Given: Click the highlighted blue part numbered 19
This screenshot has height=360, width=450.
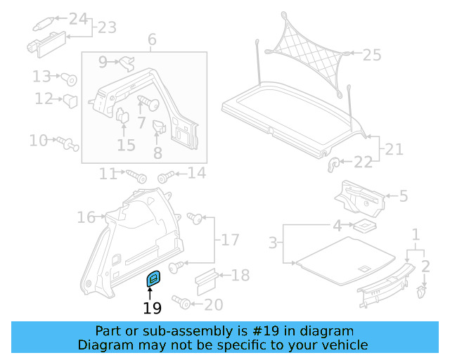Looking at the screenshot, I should (153, 278).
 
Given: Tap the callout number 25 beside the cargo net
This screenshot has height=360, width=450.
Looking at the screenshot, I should (371, 53).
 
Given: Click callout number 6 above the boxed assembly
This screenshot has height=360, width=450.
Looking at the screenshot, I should (152, 40).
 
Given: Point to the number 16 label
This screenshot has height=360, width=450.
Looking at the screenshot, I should (86, 218).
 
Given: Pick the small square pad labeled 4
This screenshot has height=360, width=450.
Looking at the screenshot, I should (364, 226).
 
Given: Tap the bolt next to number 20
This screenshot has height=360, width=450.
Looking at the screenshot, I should (182, 304).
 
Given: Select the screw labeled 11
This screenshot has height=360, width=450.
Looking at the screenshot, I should (134, 174).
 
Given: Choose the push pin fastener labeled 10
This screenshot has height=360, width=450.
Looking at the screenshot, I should (68, 143).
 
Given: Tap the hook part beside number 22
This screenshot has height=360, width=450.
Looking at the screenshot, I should (335, 163).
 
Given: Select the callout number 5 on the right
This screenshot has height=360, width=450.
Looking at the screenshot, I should (404, 196).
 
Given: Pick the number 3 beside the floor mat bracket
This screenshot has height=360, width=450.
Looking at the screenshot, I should (273, 243).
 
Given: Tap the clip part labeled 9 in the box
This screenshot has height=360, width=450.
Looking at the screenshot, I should (128, 63).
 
